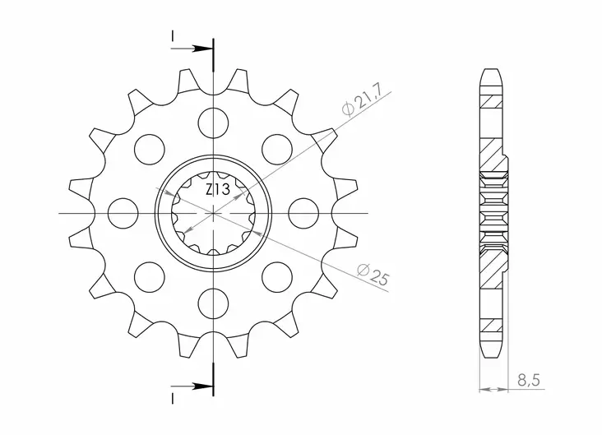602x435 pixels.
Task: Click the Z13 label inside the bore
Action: click(217, 190)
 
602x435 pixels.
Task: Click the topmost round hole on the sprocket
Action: click(213, 121)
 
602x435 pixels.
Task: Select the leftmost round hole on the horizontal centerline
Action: click(122, 212)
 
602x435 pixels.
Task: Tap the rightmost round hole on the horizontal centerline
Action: click(304, 212)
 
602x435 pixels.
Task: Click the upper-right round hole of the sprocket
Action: click(277, 148)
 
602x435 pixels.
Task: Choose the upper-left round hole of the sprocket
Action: click(149, 148)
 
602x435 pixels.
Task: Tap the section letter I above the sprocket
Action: click(174, 35)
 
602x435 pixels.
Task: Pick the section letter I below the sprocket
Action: click(174, 399)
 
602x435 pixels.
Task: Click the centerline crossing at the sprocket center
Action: click(213, 212)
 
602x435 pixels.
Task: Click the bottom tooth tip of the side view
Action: click(490, 354)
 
